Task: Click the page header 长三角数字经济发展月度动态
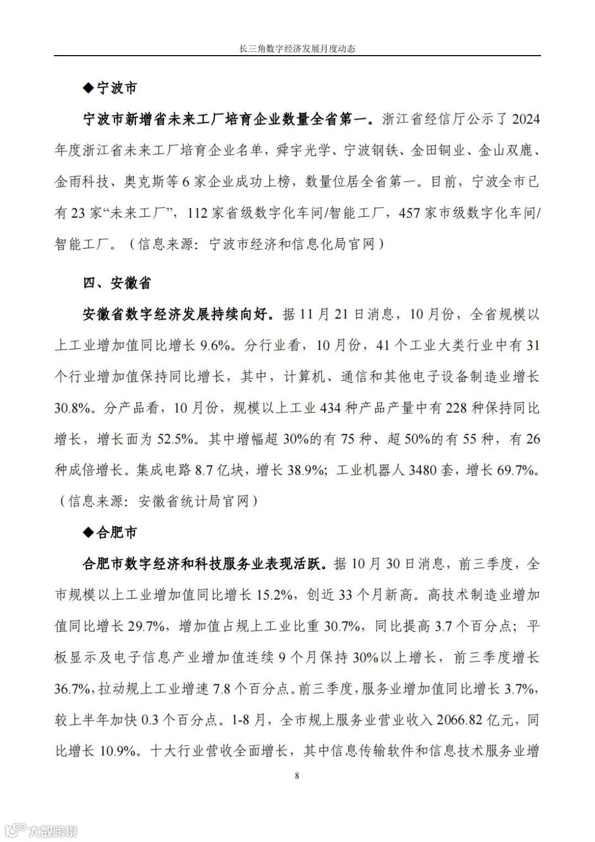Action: [x=297, y=48]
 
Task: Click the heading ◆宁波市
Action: [x=110, y=88]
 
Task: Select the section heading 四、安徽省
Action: [x=117, y=283]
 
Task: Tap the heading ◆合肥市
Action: [x=110, y=533]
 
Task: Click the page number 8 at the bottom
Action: [x=297, y=776]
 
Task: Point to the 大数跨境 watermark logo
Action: [x=41, y=830]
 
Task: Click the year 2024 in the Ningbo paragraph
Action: [x=525, y=119]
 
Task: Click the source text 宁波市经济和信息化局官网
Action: [x=292, y=244]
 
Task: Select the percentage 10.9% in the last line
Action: [x=118, y=751]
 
